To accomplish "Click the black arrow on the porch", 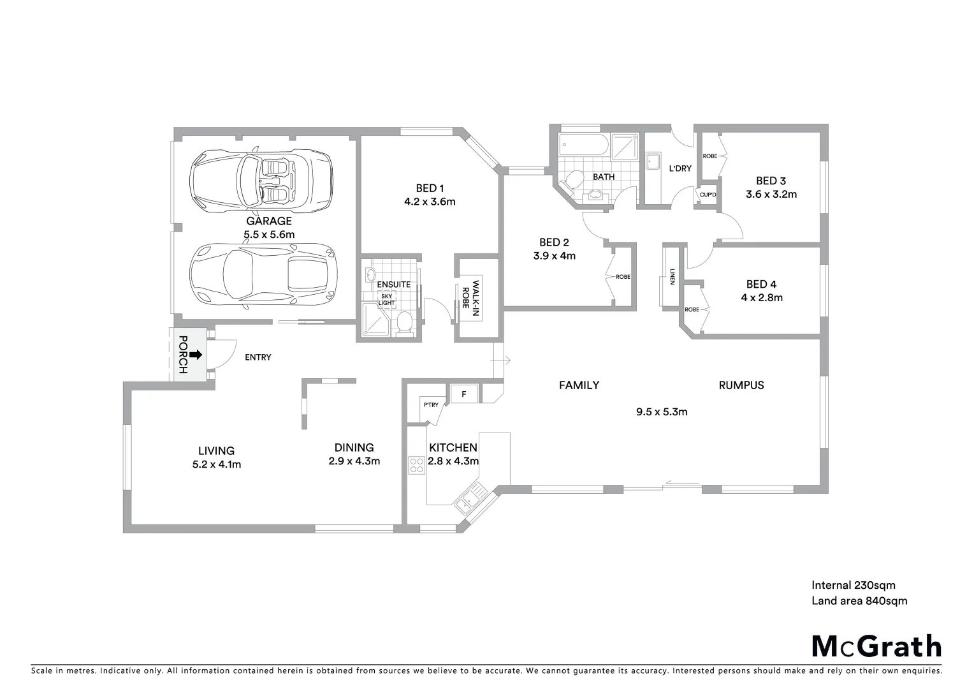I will (196, 355).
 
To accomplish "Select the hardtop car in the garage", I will (262, 274).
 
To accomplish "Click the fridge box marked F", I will (464, 394).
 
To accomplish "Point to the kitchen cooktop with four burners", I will (417, 465).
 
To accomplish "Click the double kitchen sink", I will (470, 497).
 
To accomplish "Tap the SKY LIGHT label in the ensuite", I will (387, 299).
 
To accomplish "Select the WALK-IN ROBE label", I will (470, 295).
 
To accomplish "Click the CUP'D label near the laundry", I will (708, 195).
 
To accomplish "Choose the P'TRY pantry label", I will (431, 404).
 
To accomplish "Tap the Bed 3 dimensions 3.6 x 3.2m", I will (771, 194).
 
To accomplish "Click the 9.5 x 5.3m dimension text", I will (662, 412).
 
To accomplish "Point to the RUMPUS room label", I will (741, 385).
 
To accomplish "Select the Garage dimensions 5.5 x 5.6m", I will (269, 235).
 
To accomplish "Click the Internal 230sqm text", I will (853, 585).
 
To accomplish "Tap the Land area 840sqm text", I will (859, 601).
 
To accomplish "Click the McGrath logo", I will (876, 646).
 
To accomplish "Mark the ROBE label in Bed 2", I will (623, 277).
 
